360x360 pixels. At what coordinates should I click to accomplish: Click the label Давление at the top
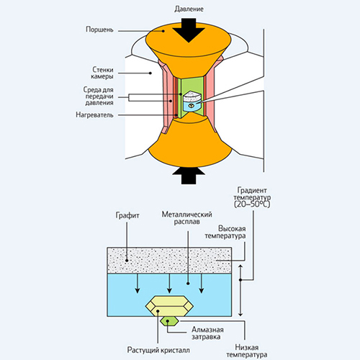[189, 9]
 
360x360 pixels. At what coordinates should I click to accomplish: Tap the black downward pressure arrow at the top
[189, 30]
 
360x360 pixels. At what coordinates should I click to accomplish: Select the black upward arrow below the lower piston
[189, 176]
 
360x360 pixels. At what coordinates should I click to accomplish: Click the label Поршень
[99, 30]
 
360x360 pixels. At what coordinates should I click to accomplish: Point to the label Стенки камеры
[102, 73]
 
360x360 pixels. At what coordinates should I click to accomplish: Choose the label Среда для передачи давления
[99, 96]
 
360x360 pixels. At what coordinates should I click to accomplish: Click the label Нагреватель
[94, 114]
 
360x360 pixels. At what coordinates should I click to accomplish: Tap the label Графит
[127, 215]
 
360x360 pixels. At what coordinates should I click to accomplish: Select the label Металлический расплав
[186, 217]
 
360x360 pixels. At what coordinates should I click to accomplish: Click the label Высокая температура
[225, 232]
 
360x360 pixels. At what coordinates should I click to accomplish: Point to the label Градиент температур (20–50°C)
[252, 197]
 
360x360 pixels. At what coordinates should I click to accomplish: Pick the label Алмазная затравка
[207, 333]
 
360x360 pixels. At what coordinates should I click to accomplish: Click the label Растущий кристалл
[158, 350]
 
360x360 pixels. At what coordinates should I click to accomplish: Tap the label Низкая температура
[247, 351]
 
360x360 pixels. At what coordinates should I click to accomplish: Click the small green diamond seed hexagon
[169, 321]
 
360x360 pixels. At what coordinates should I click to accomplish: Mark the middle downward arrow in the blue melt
[169, 283]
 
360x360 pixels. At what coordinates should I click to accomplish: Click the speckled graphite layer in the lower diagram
[169, 260]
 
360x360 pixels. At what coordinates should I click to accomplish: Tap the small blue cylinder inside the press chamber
[192, 106]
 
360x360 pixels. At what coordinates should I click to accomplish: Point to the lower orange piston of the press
[189, 142]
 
